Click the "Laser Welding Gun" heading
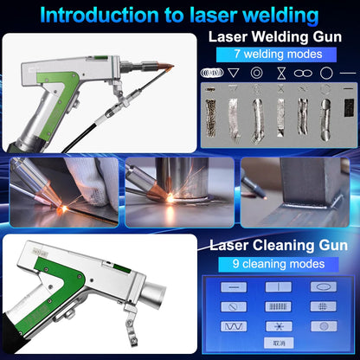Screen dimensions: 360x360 click(x=279, y=37)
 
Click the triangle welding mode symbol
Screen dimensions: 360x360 click(x=235, y=74)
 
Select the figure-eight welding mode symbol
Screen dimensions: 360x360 click(x=303, y=74)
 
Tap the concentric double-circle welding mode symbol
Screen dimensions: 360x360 click(x=257, y=74)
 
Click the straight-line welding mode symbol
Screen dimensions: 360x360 click(x=348, y=74)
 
